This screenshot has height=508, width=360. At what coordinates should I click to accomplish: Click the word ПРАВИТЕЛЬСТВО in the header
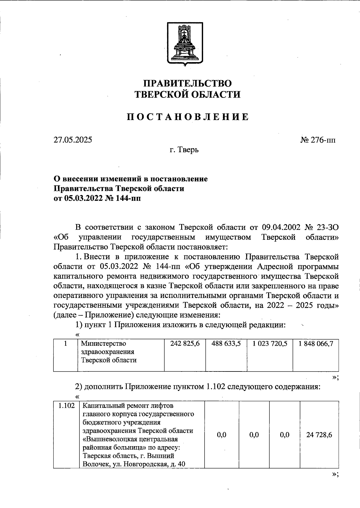tap(187, 83)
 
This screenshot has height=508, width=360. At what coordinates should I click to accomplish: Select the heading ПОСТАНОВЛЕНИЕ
tap(187, 116)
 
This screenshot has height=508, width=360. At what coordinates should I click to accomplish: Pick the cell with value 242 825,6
tap(185, 344)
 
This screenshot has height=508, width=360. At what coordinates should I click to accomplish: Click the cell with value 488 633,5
tap(226, 344)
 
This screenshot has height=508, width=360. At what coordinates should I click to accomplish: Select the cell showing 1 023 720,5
tap(270, 344)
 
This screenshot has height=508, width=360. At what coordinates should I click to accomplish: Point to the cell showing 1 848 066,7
tap(316, 344)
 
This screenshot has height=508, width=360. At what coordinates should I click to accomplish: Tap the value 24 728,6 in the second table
tap(319, 435)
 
